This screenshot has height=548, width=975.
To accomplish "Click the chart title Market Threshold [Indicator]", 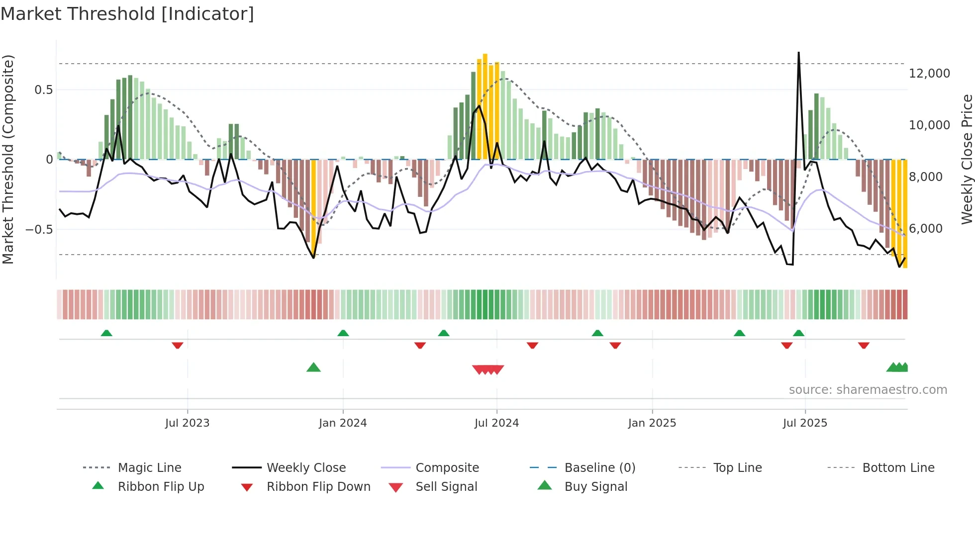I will click(127, 14).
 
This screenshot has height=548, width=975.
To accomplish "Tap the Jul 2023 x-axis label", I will click(187, 423).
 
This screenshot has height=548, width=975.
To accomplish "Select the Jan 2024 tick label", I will click(343, 423).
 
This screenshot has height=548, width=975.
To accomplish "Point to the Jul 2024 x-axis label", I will click(496, 423).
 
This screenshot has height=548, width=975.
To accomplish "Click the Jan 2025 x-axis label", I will click(652, 423).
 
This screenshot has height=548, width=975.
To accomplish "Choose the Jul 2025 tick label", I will click(805, 423).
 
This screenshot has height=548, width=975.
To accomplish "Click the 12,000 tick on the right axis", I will click(929, 74).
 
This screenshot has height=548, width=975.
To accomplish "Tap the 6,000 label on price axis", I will click(925, 229).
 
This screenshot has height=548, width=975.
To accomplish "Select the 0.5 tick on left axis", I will click(43, 90).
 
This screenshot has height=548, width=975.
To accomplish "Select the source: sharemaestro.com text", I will click(868, 390).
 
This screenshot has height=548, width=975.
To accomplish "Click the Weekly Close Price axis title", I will click(967, 159).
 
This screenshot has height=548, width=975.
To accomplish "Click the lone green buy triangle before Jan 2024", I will click(313, 367).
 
